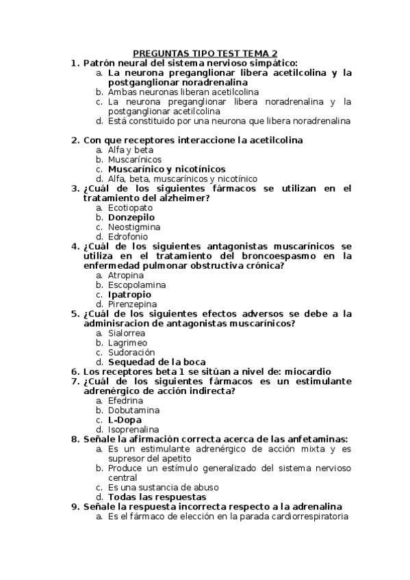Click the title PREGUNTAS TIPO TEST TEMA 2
(x=205, y=53)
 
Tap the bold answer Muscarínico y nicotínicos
(x=166, y=169)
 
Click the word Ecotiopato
(x=130, y=207)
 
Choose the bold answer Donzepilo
(x=131, y=217)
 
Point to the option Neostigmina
(x=134, y=226)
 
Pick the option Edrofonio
(x=129, y=236)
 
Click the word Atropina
(x=126, y=275)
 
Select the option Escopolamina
(x=137, y=285)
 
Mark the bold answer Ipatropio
(x=130, y=294)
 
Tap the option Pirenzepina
(x=133, y=304)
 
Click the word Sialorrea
(x=127, y=332)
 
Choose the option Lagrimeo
(x=127, y=342)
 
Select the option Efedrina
(x=126, y=400)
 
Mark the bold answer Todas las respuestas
(x=157, y=497)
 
